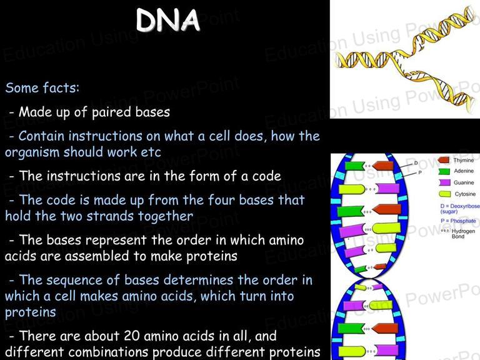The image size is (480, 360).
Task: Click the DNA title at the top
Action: (167, 20)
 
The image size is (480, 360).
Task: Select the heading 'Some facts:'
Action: (42, 88)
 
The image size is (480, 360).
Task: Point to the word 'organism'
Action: (32, 152)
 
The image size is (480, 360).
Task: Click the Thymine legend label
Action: (464, 160)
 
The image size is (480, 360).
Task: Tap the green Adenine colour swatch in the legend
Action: (444, 171)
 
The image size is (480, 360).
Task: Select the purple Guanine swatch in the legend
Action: (444, 182)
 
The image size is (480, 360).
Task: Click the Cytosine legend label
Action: (465, 194)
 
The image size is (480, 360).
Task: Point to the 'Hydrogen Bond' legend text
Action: (463, 234)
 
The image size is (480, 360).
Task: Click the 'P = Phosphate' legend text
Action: (458, 221)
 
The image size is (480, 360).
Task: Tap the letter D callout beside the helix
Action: (416, 163)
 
